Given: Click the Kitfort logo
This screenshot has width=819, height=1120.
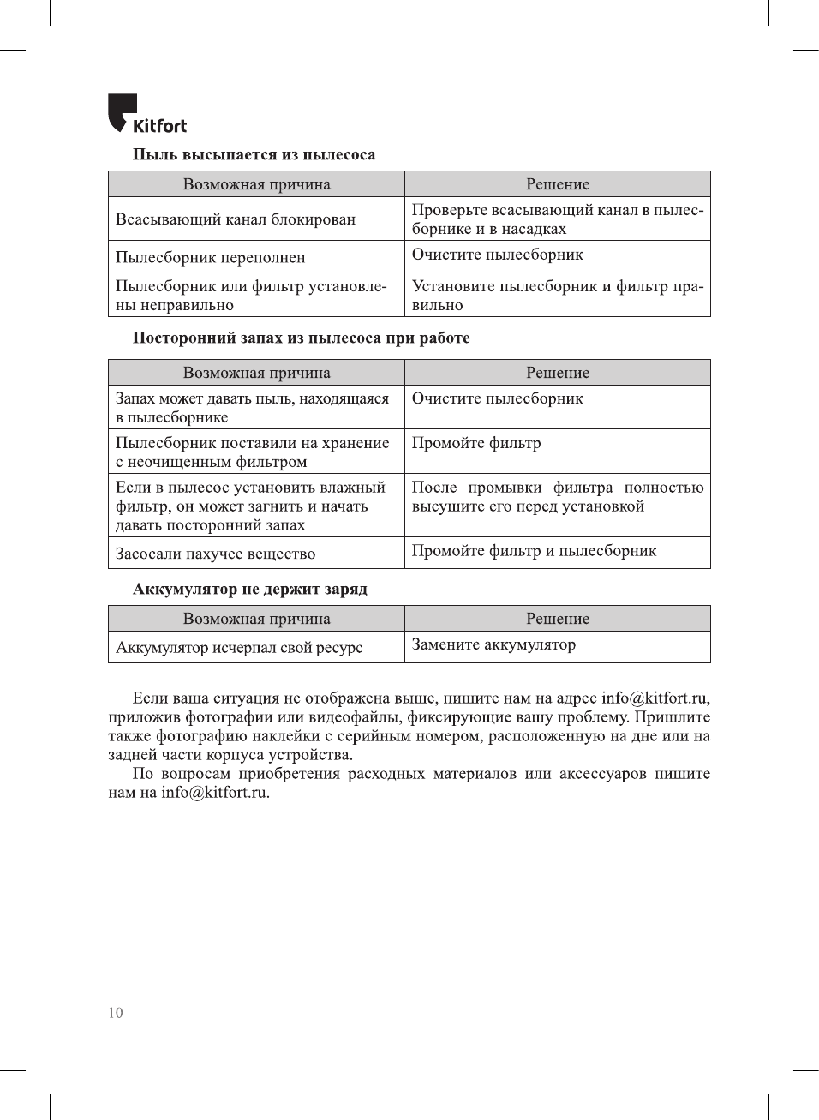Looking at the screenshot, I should (146, 115).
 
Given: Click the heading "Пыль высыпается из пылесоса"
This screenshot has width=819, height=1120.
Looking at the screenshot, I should (254, 155).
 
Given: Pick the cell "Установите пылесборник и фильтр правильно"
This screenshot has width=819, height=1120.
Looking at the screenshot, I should (557, 296).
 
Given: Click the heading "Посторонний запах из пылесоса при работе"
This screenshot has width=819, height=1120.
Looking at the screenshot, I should (301, 338).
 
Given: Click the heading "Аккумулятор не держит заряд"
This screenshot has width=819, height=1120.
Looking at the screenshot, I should (249, 590).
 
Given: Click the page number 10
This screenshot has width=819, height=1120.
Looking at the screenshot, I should (116, 1013).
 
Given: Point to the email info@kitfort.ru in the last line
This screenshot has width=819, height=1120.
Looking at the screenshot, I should (215, 793).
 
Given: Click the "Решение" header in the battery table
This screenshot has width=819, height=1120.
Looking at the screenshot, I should (558, 619).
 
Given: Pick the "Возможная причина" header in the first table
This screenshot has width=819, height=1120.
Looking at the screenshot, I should (256, 184).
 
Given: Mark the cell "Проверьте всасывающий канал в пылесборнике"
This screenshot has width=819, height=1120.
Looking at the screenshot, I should (557, 219).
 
